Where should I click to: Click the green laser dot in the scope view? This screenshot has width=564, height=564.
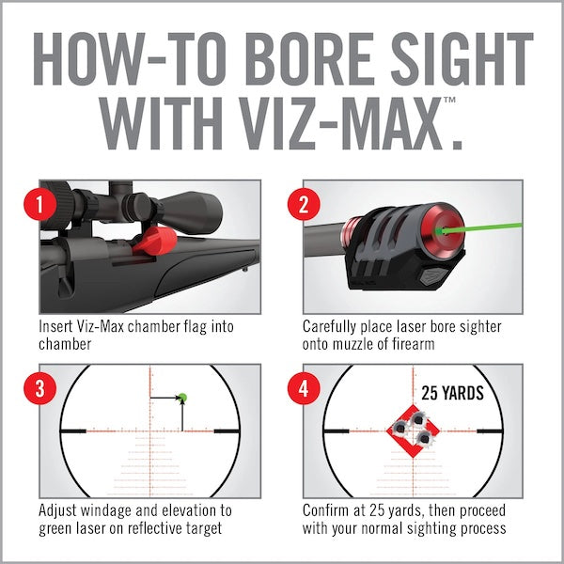(x=181, y=399)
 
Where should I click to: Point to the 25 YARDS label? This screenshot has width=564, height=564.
(x=452, y=393)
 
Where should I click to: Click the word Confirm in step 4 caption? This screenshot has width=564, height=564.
(x=328, y=510)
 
